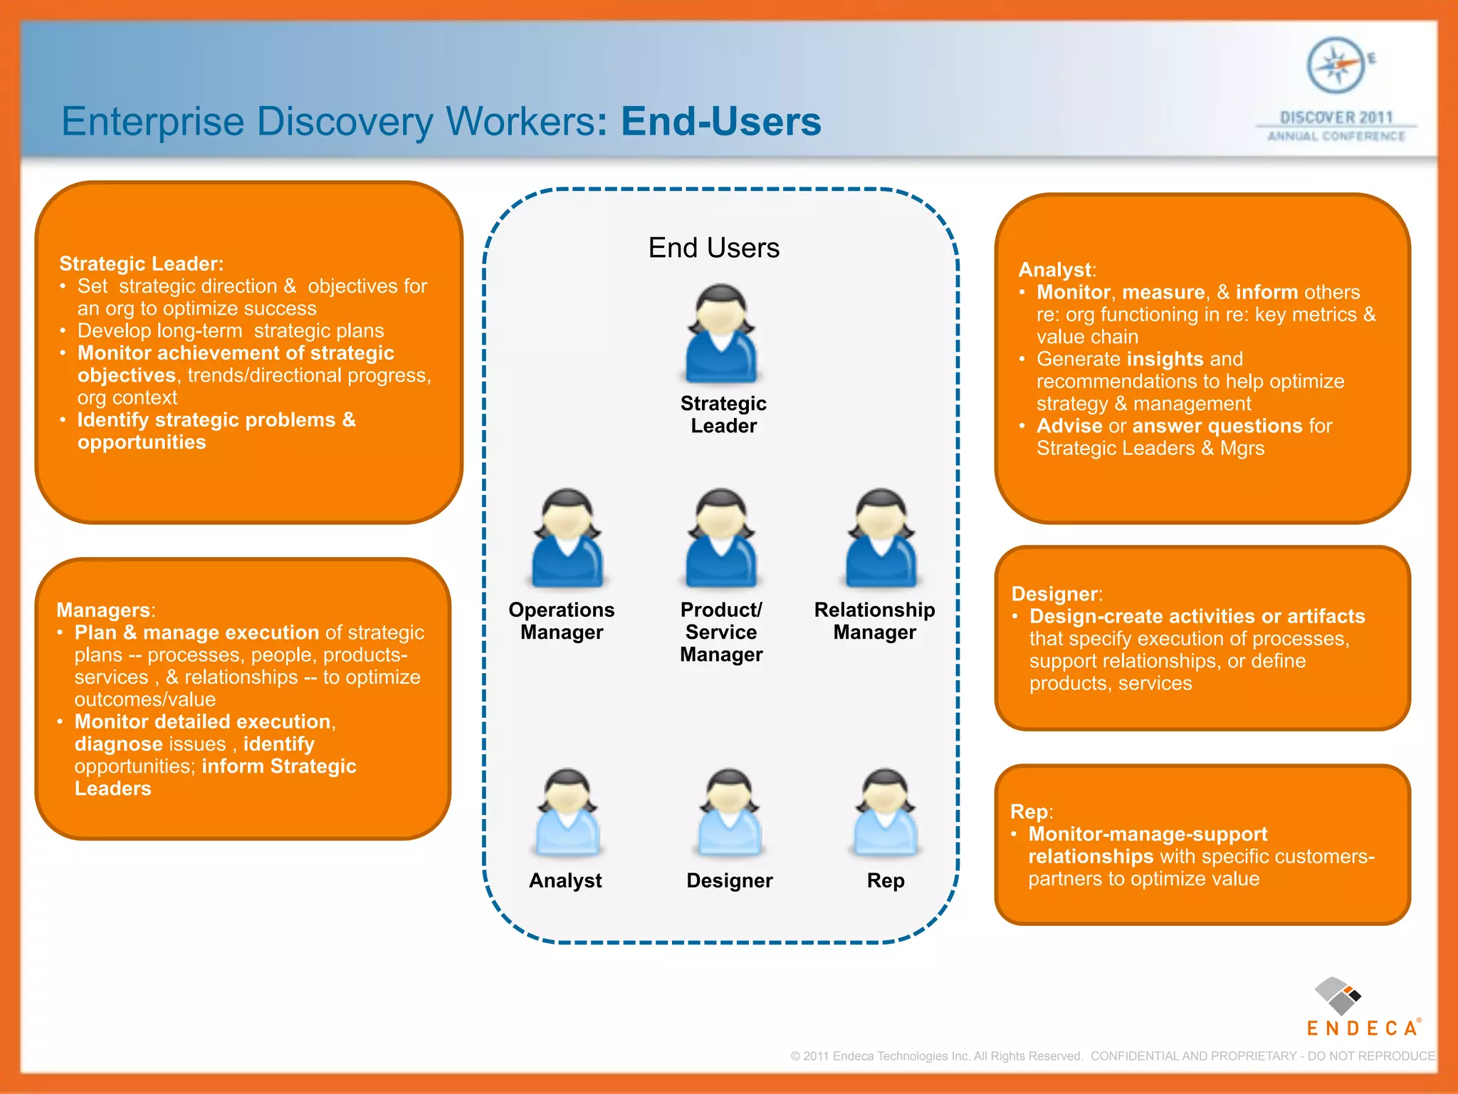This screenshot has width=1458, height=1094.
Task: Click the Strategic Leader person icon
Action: (x=721, y=334)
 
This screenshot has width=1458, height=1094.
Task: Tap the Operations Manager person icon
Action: (x=567, y=538)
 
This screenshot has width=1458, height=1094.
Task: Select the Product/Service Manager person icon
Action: (x=721, y=538)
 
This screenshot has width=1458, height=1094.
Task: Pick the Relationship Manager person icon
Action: (x=881, y=538)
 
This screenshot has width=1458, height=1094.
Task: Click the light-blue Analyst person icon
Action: (x=567, y=813)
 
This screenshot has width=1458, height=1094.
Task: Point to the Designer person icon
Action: (x=729, y=813)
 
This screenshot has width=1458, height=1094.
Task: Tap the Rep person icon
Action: (x=885, y=813)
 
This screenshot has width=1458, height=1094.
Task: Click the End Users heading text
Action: (x=713, y=248)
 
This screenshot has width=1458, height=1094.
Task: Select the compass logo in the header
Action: (x=1336, y=66)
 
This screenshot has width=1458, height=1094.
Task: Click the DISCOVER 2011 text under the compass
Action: (x=1336, y=118)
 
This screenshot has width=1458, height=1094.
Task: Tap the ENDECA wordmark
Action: (x=1362, y=1028)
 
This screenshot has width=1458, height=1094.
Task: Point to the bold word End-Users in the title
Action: (x=720, y=121)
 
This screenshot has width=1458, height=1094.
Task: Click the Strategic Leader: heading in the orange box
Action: (x=141, y=264)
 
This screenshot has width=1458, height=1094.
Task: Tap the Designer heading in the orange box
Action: (x=1055, y=594)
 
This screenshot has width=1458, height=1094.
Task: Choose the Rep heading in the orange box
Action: (x=1029, y=812)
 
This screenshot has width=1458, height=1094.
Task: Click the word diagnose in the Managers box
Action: (x=119, y=744)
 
